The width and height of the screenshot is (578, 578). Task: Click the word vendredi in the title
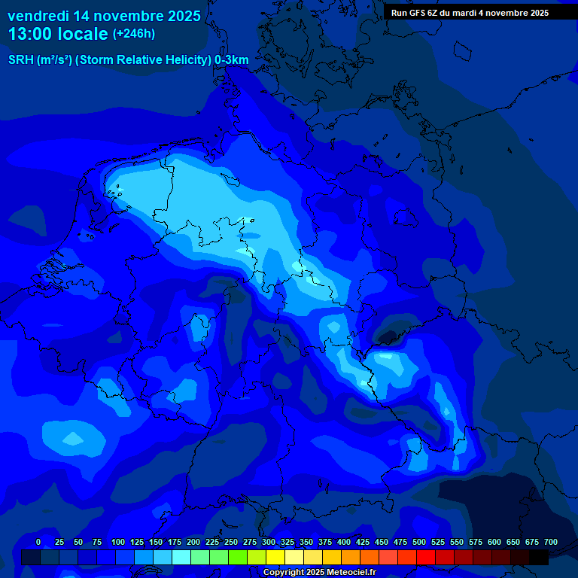38,16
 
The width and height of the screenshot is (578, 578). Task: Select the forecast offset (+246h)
134,33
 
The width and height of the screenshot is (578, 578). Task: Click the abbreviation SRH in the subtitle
20,60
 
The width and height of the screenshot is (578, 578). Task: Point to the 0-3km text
232,60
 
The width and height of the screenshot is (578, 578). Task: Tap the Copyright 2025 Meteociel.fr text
320,573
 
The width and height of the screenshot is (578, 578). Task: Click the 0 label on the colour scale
38,543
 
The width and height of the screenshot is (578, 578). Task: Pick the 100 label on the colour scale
118,543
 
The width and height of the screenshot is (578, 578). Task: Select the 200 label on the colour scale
193,543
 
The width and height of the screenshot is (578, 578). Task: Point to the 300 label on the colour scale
269,543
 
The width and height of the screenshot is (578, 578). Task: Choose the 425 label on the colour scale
363,543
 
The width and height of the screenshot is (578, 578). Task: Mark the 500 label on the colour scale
419,543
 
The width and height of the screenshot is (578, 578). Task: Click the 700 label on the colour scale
551,543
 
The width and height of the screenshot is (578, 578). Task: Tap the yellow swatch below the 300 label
275,558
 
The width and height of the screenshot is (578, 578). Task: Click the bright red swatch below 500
426,558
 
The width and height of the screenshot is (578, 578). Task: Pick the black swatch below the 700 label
539,558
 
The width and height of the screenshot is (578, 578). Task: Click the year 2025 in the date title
184,16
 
